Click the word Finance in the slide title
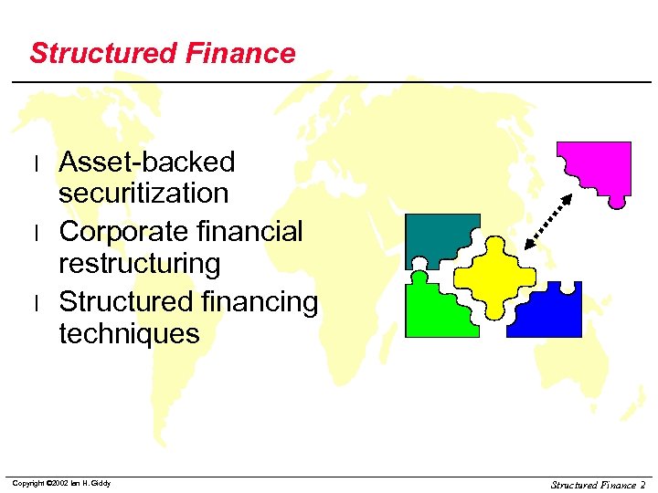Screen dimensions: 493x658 pos(240,53)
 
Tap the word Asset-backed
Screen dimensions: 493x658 pos(147,163)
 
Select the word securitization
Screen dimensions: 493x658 pos(143,194)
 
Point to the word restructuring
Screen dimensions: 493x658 pos(140,264)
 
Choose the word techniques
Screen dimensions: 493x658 pos(129,333)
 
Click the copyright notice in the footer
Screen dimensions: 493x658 pos(61,483)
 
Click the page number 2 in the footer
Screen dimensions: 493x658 pos(642,485)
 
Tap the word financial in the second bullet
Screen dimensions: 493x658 pos(252,232)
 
